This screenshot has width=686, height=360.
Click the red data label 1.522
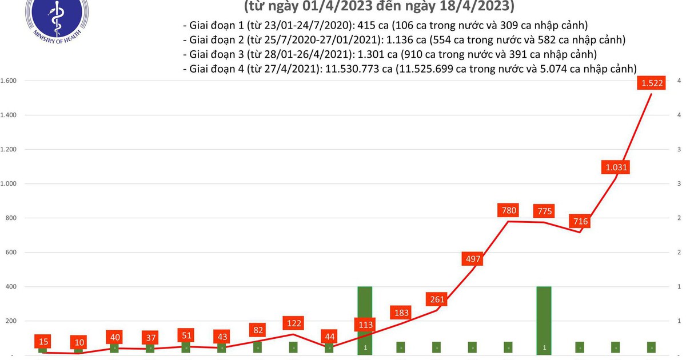point(652,83)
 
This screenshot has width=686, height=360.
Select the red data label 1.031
point(617,167)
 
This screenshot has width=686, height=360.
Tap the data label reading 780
point(509,210)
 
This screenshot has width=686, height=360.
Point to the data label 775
point(545,211)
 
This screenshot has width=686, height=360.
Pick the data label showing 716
point(580,221)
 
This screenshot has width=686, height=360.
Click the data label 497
point(473,259)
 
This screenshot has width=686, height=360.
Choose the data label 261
point(437,299)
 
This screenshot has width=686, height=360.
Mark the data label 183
point(401,313)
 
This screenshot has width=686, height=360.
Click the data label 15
point(43,342)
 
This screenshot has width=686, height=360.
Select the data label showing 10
point(79,343)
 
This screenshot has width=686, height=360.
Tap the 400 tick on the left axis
point(11,287)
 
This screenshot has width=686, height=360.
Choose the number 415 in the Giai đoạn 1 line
point(358,26)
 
